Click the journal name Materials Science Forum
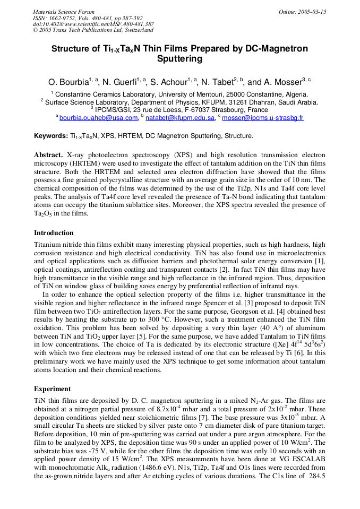(64, 12)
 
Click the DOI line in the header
(93, 24)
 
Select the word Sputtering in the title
(179, 59)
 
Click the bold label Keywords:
(50, 136)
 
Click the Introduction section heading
(54, 233)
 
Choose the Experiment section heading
(52, 389)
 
